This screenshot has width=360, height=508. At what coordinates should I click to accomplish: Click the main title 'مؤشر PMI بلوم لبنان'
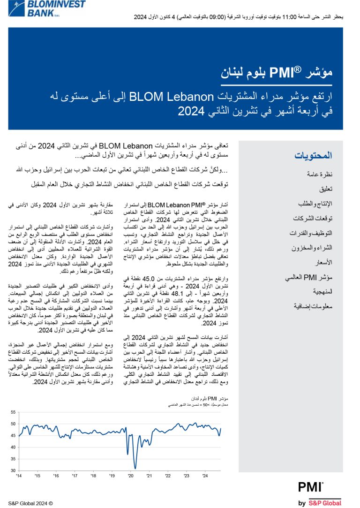coord(295,72)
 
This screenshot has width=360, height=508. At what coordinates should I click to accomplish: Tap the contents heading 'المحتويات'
coord(314,155)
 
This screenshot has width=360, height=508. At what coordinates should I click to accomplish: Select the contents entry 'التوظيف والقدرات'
coord(311,233)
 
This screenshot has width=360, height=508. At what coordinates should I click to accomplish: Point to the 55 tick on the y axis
coord(13,412)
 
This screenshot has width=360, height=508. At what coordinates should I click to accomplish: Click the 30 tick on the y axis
coord(13,470)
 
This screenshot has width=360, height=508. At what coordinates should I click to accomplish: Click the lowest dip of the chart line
coord(135,468)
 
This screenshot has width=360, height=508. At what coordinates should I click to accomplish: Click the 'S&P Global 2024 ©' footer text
coord(30,503)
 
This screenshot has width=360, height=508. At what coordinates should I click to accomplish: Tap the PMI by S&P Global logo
coord(320,493)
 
